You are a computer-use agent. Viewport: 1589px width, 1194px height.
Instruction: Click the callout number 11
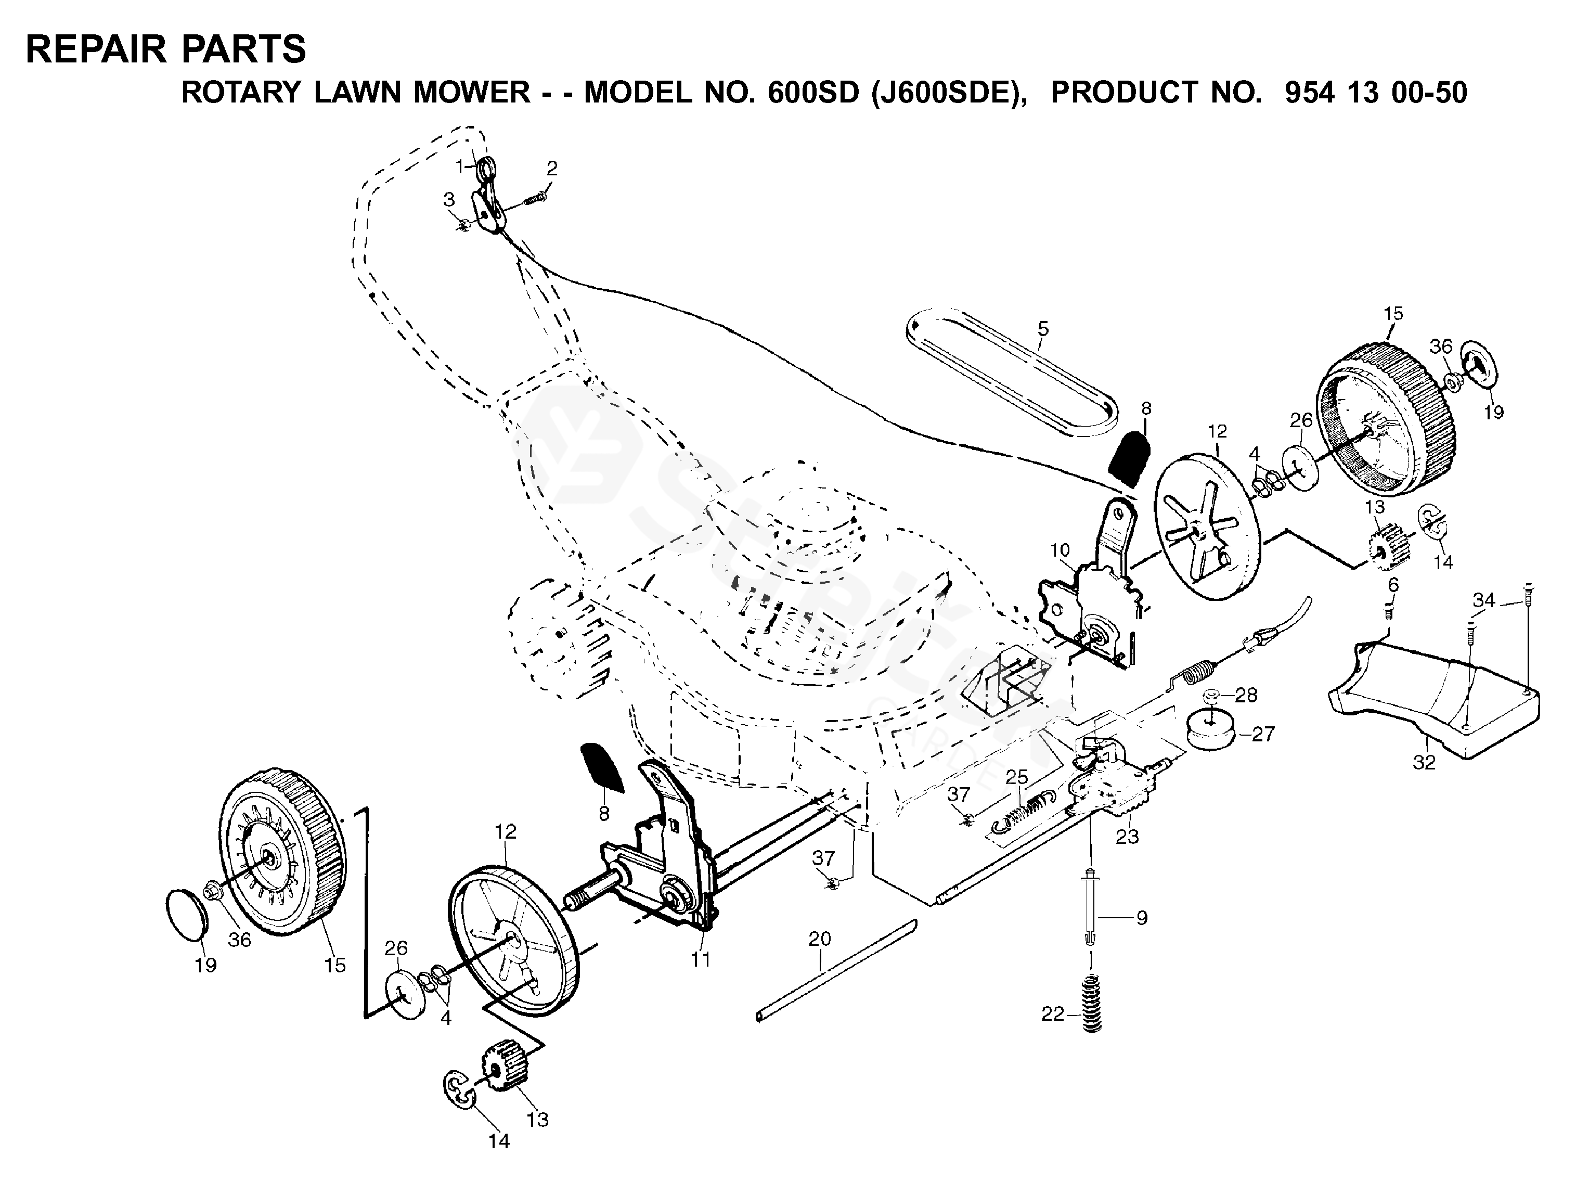pyautogui.click(x=701, y=958)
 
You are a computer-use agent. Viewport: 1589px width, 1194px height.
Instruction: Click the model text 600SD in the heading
pyautogui.click(x=813, y=93)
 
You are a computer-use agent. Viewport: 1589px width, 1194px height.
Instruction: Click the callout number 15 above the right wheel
pyautogui.click(x=1393, y=314)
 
